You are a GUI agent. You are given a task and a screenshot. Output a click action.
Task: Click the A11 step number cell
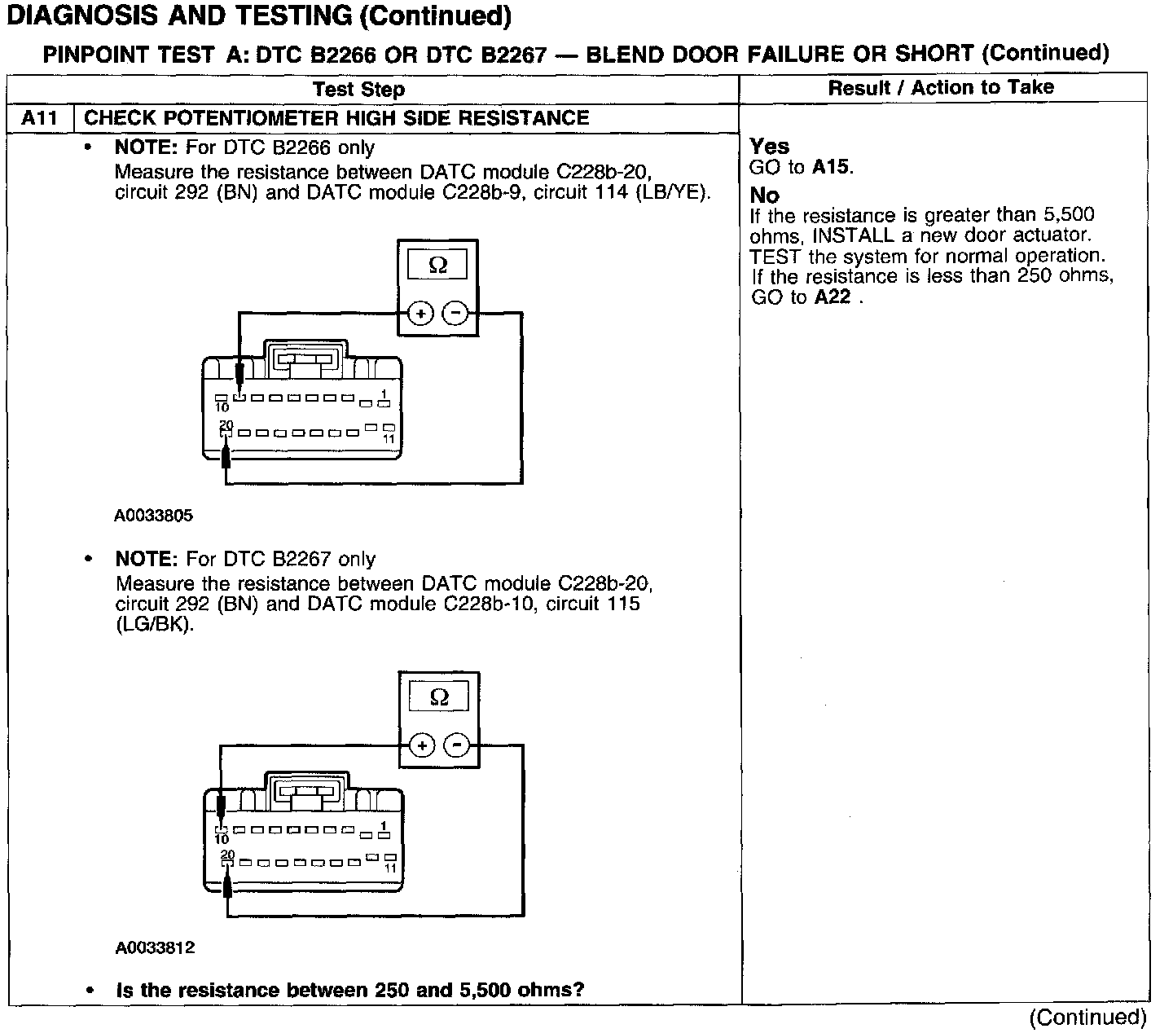39,118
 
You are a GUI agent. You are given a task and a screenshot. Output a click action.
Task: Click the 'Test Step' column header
358,89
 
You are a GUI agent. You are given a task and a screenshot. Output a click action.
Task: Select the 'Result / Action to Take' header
941,87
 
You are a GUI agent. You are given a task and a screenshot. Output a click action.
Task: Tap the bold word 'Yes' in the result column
769,147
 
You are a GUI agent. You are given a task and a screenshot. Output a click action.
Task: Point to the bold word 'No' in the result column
764,196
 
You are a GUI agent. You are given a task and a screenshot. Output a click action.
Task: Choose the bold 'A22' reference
832,297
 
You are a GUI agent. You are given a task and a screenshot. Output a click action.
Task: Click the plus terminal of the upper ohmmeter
420,313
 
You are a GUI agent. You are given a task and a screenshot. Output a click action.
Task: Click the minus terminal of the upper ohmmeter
455,313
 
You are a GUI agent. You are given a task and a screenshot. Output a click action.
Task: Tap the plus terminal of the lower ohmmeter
422,745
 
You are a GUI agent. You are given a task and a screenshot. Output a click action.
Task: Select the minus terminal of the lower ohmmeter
457,745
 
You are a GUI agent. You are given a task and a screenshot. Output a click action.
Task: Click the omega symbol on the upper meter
437,266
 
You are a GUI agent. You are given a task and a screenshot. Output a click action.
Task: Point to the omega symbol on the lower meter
439,697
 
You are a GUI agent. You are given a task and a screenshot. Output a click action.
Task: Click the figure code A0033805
154,516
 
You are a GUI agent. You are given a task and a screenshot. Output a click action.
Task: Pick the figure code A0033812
155,947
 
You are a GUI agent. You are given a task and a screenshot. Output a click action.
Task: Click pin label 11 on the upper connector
389,439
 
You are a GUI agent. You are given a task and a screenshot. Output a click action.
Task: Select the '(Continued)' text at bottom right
1087,1017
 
